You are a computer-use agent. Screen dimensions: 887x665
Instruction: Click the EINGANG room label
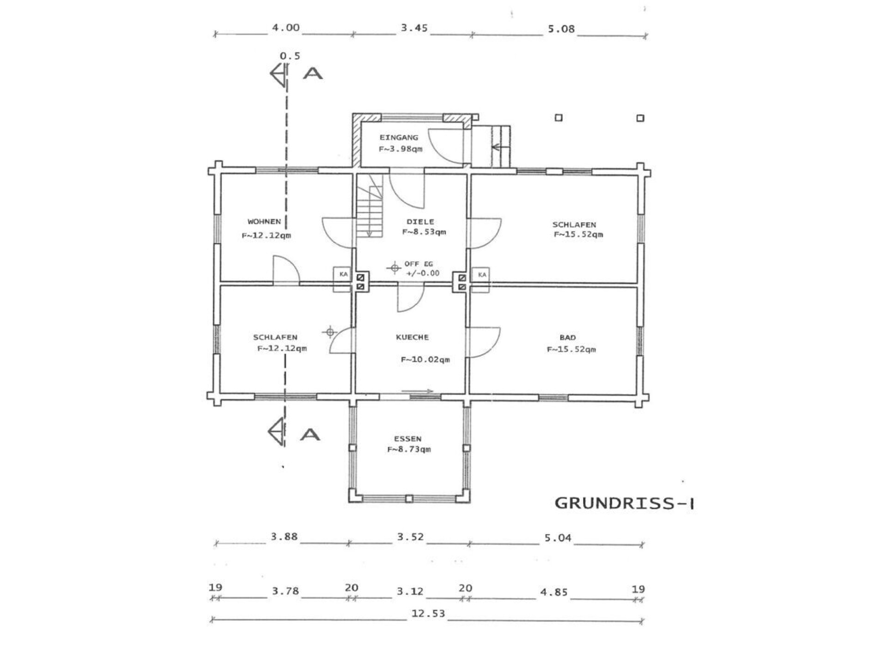coord(399,138)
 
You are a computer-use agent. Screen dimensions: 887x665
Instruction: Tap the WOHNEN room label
coord(264,222)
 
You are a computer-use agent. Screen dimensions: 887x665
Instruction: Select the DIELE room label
coord(420,222)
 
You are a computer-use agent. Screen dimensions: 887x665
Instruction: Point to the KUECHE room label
coord(412,337)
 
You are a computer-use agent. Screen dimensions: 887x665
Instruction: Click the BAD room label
coord(567,338)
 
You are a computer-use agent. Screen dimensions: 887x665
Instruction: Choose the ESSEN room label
coord(407,439)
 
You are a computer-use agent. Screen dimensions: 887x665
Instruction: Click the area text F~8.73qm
coord(409,449)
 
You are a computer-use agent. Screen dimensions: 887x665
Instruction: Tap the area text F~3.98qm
coord(401,149)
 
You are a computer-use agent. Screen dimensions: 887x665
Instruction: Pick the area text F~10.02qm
coord(425,359)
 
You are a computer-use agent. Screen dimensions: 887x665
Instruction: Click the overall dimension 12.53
coord(428,614)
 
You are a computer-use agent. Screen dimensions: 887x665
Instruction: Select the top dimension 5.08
coord(561,29)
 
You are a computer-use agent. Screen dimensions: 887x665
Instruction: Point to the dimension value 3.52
coord(410,537)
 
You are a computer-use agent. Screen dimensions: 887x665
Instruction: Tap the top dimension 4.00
coord(286,28)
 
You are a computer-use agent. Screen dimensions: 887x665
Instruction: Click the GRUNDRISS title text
coord(624,503)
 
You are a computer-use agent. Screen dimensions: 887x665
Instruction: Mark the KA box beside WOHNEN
coord(343,279)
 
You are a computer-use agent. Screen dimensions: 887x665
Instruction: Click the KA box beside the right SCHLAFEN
coord(481,280)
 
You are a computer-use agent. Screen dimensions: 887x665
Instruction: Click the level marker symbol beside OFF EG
coord(394,267)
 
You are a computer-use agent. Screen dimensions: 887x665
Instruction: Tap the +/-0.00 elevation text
coord(423,273)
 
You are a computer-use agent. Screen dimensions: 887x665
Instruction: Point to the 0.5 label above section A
coord(290,56)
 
